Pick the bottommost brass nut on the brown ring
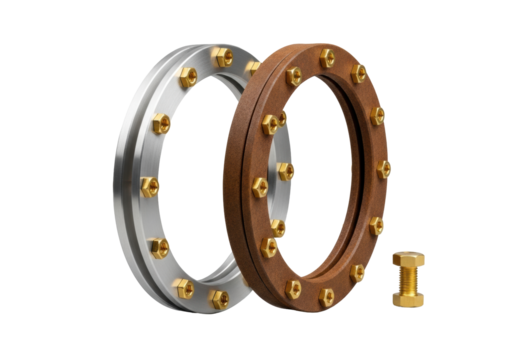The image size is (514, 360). tap(326, 297)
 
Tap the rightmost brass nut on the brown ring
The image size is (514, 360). tap(385, 170)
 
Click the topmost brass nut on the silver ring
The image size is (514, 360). tap(223, 58)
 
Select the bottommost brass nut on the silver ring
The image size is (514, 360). tap(217, 297)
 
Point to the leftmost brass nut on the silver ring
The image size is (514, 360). tap(150, 186)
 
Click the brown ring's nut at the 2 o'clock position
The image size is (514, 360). tap(377, 114)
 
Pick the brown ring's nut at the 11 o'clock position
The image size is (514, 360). tap(293, 76)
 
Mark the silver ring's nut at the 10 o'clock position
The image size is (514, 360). tap(161, 125)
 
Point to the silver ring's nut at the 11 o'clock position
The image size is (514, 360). tap(188, 77)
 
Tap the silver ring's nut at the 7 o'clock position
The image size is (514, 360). tap(183, 288)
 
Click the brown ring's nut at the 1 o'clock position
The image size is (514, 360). tap(359, 73)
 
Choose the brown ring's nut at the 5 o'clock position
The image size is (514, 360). tap(358, 273)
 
